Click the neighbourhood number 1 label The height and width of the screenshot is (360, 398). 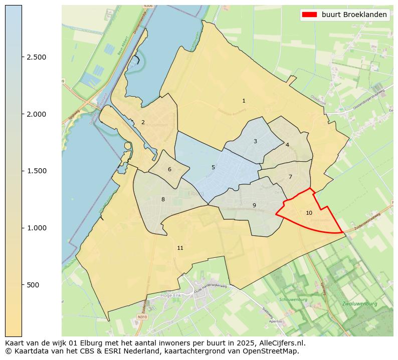tap(244, 101)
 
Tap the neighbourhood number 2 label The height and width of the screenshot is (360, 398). tap(143, 122)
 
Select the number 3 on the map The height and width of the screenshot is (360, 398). tap(255, 141)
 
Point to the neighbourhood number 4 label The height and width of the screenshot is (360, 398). tap(287, 145)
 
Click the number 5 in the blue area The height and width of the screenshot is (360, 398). tap(213, 167)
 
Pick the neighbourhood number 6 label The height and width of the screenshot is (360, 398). tap(169, 169)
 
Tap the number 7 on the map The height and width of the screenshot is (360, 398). tap(290, 177)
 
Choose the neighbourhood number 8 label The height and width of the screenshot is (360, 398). tap(163, 199)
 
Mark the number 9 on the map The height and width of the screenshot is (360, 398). tap(254, 205)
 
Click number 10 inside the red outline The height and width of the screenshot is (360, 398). tap(309, 213)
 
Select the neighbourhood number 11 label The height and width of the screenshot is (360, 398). tap(180, 248)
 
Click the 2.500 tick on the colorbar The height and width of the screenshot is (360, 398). tap(37, 57)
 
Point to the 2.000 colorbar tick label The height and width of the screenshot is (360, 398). tap(37, 114)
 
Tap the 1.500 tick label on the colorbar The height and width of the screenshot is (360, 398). tap(37, 171)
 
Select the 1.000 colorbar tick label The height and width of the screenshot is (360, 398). tap(37, 228)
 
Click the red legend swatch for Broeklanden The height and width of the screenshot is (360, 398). tap(309, 15)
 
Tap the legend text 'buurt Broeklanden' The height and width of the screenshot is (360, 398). tap(354, 15)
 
